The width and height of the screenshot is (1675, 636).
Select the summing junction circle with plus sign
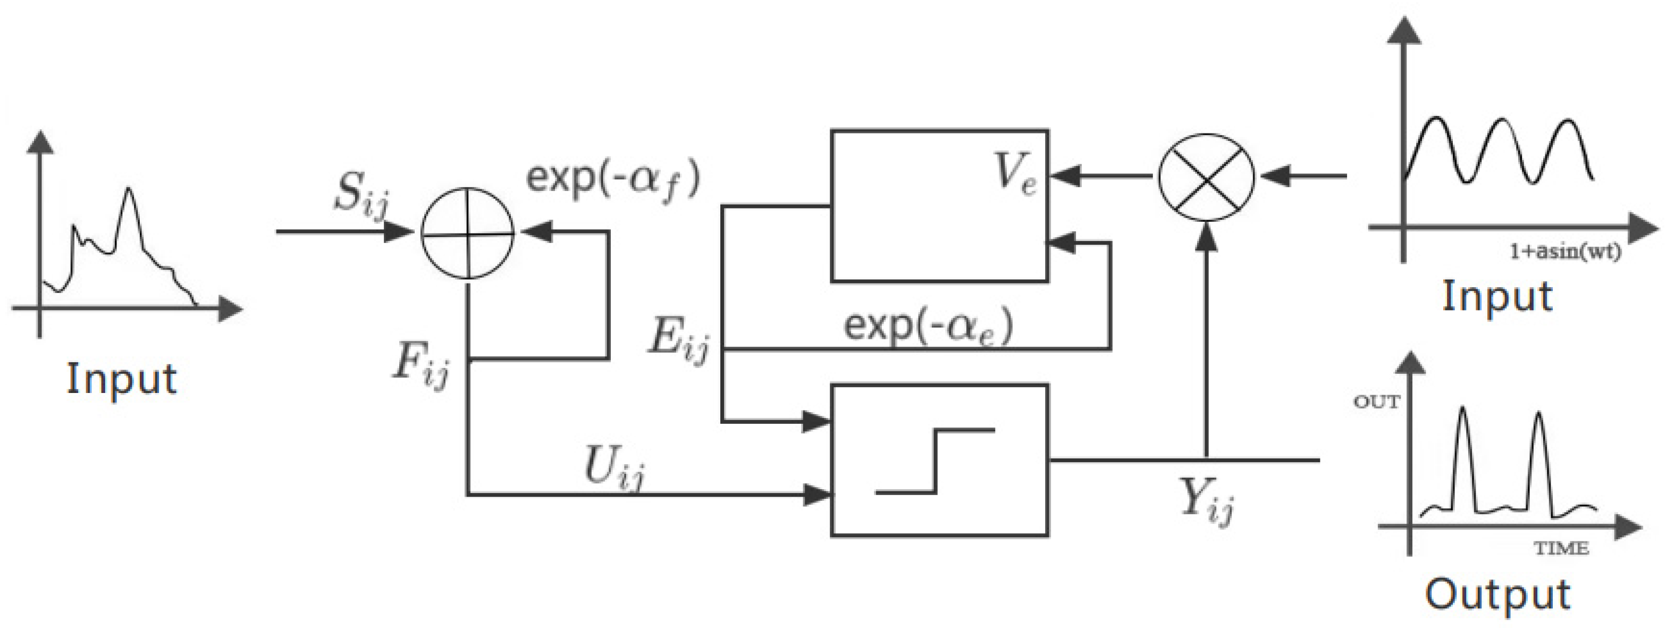pos(467,233)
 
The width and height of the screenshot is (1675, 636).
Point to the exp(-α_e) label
pos(928,327)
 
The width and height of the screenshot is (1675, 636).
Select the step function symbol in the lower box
pos(935,461)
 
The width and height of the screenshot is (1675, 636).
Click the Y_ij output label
pos(1207,502)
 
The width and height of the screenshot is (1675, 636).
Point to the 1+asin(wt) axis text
pos(1564,252)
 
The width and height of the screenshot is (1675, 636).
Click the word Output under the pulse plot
pos(1498,595)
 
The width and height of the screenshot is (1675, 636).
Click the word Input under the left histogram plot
pos(122,379)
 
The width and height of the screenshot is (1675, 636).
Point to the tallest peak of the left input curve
pos(129,190)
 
